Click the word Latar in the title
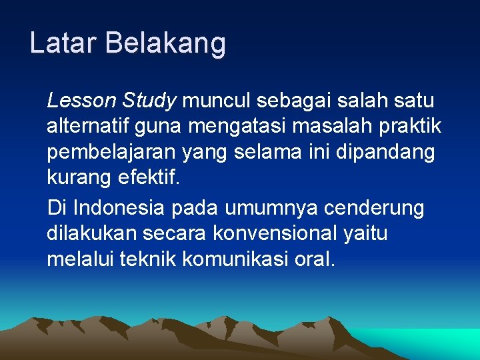click(63, 43)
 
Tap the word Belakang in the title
click(165, 43)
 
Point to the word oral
click(314, 259)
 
